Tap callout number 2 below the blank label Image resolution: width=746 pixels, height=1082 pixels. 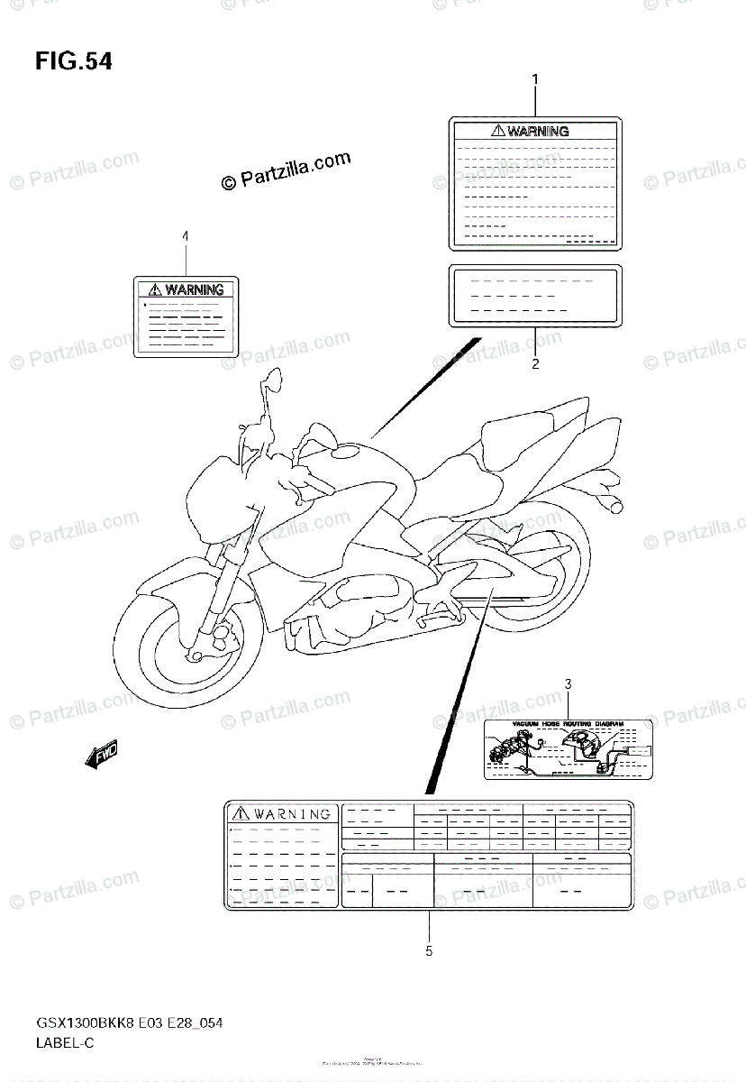(535, 364)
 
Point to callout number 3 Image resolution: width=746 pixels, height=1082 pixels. (569, 685)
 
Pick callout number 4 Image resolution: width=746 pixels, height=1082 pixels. (186, 236)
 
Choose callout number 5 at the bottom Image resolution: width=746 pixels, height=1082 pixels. (429, 950)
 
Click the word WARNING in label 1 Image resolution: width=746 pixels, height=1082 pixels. (538, 131)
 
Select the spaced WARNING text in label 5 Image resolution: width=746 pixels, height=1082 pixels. (291, 813)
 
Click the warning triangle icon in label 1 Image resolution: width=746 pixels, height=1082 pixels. (497, 131)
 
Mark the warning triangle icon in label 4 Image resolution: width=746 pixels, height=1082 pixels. (155, 289)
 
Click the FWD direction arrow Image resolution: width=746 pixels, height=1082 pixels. (100, 755)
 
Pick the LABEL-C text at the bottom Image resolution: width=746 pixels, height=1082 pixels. (65, 1042)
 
